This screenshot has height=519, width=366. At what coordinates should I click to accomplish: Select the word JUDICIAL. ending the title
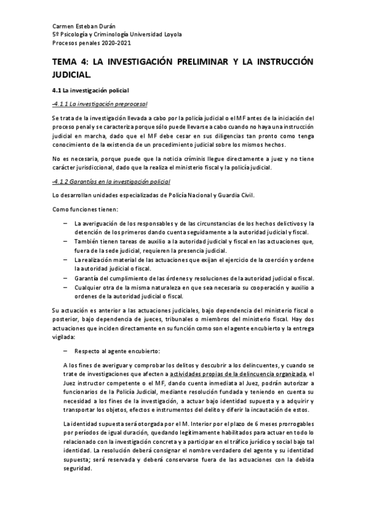[x=71, y=75]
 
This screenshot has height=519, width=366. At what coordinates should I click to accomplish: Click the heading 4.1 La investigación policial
[x=89, y=91]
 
